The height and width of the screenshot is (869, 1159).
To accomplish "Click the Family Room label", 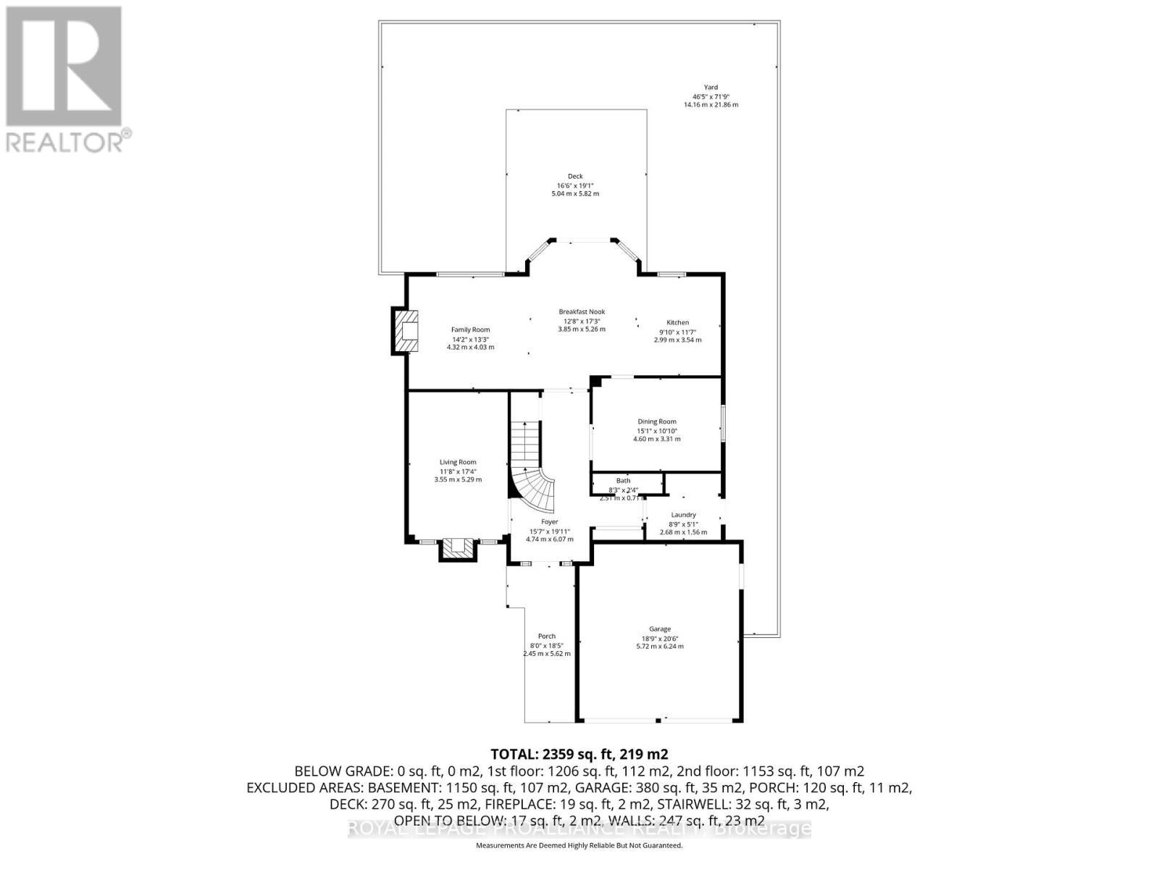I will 471,329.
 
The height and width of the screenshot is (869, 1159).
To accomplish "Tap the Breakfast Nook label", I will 582,311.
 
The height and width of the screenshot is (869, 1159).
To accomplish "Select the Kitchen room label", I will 677,322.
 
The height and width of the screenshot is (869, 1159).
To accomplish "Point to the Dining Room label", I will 657,421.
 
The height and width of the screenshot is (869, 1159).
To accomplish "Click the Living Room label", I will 458,462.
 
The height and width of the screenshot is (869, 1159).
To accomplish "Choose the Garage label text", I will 659,629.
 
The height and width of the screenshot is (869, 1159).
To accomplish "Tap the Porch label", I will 546,636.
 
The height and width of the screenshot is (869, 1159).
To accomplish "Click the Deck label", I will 575,176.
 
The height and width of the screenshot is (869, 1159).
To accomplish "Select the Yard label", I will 711,87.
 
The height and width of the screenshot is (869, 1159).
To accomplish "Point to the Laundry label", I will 683,515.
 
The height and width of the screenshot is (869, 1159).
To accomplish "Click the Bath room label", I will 623,480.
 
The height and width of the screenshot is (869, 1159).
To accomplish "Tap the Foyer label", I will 549,521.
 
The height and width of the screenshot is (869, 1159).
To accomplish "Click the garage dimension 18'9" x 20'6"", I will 659,637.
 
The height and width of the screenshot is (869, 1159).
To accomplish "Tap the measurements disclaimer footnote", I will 579,845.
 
